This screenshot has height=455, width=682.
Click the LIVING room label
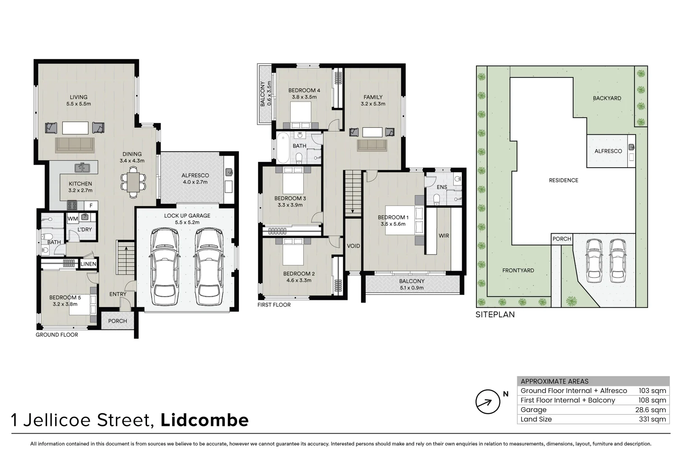coord(79,97)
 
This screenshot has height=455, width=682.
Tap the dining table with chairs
coord(134,182)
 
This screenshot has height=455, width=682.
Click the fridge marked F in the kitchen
coord(91,206)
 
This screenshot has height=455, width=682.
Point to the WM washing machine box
coord(73,219)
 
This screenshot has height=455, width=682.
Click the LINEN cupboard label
coord(88,264)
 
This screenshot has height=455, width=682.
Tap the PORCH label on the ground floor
coord(118,321)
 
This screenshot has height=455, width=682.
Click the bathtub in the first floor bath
coord(283,147)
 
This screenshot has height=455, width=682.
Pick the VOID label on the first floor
coord(353,246)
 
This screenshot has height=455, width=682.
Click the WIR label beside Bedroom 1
coord(444,236)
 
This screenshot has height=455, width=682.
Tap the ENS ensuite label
coord(442,187)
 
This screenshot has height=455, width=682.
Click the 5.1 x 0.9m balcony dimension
coord(412,288)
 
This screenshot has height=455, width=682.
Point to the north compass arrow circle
coord(488,401)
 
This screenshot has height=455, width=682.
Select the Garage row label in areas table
coord(533,409)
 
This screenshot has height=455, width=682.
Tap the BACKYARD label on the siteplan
coord(607,98)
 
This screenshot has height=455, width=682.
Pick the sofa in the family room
coord(372,145)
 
